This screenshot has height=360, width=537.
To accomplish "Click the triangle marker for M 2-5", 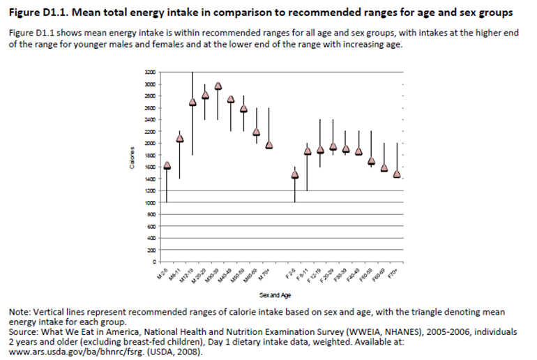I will click(x=167, y=165).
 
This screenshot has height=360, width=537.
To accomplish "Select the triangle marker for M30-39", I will click(x=218, y=86).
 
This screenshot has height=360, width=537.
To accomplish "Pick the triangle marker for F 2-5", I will click(x=295, y=174).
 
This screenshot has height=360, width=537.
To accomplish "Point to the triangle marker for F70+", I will click(x=397, y=174).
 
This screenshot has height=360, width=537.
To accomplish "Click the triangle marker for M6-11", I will click(x=179, y=138).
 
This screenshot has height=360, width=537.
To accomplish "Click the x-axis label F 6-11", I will click(x=303, y=273).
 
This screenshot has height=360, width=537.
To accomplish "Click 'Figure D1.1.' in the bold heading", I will click(x=42, y=13).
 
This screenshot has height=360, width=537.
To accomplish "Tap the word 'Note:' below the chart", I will click(x=21, y=312).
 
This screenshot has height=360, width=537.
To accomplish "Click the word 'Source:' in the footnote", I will click(x=25, y=333).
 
